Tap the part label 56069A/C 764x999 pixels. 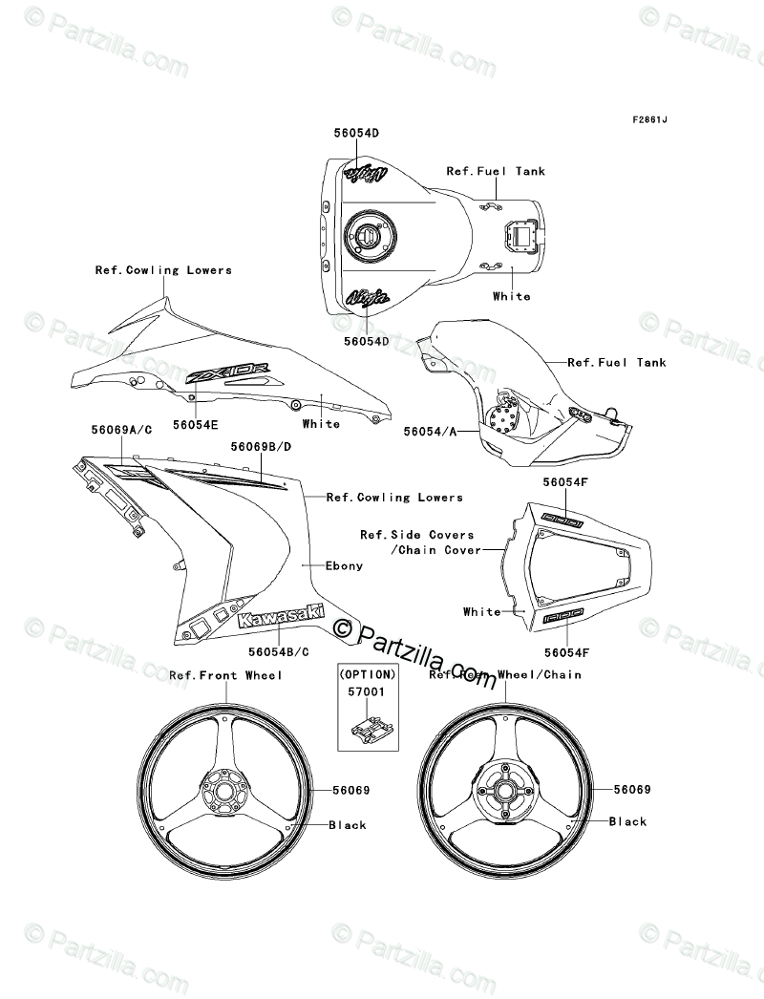click(120, 431)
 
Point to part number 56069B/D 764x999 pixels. click(260, 446)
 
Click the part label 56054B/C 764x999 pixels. click(278, 651)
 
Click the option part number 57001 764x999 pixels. click(368, 691)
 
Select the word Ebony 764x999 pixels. click(344, 565)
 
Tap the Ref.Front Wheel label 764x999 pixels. click(225, 675)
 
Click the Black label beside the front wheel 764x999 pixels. click(348, 825)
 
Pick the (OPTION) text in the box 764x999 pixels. click(368, 673)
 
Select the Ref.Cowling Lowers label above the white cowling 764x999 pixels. click(163, 270)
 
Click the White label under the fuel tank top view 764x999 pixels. click(511, 296)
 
